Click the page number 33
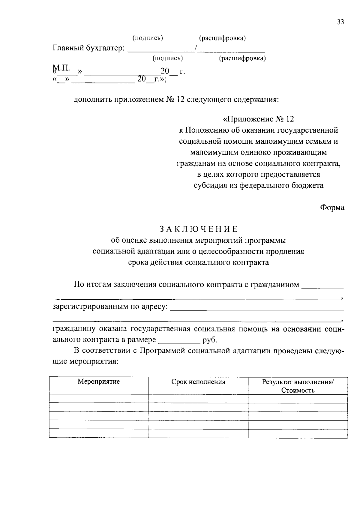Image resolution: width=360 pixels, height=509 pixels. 340,22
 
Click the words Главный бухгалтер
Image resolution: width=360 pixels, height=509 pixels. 88,48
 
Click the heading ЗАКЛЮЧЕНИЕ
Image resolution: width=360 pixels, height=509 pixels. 198,229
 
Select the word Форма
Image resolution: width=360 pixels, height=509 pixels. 332,208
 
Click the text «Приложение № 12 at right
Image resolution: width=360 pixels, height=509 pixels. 258,119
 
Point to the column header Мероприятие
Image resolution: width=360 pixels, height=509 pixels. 99,382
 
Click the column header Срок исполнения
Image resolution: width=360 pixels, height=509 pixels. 198,382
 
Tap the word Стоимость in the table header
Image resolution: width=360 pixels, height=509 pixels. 298,390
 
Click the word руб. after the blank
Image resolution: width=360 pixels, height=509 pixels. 210,340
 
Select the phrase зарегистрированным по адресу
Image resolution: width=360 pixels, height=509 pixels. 110,307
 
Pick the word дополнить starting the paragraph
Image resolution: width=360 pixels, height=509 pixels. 92,99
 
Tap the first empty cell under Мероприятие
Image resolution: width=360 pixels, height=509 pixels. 99,399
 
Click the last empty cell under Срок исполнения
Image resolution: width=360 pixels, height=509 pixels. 198,434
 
